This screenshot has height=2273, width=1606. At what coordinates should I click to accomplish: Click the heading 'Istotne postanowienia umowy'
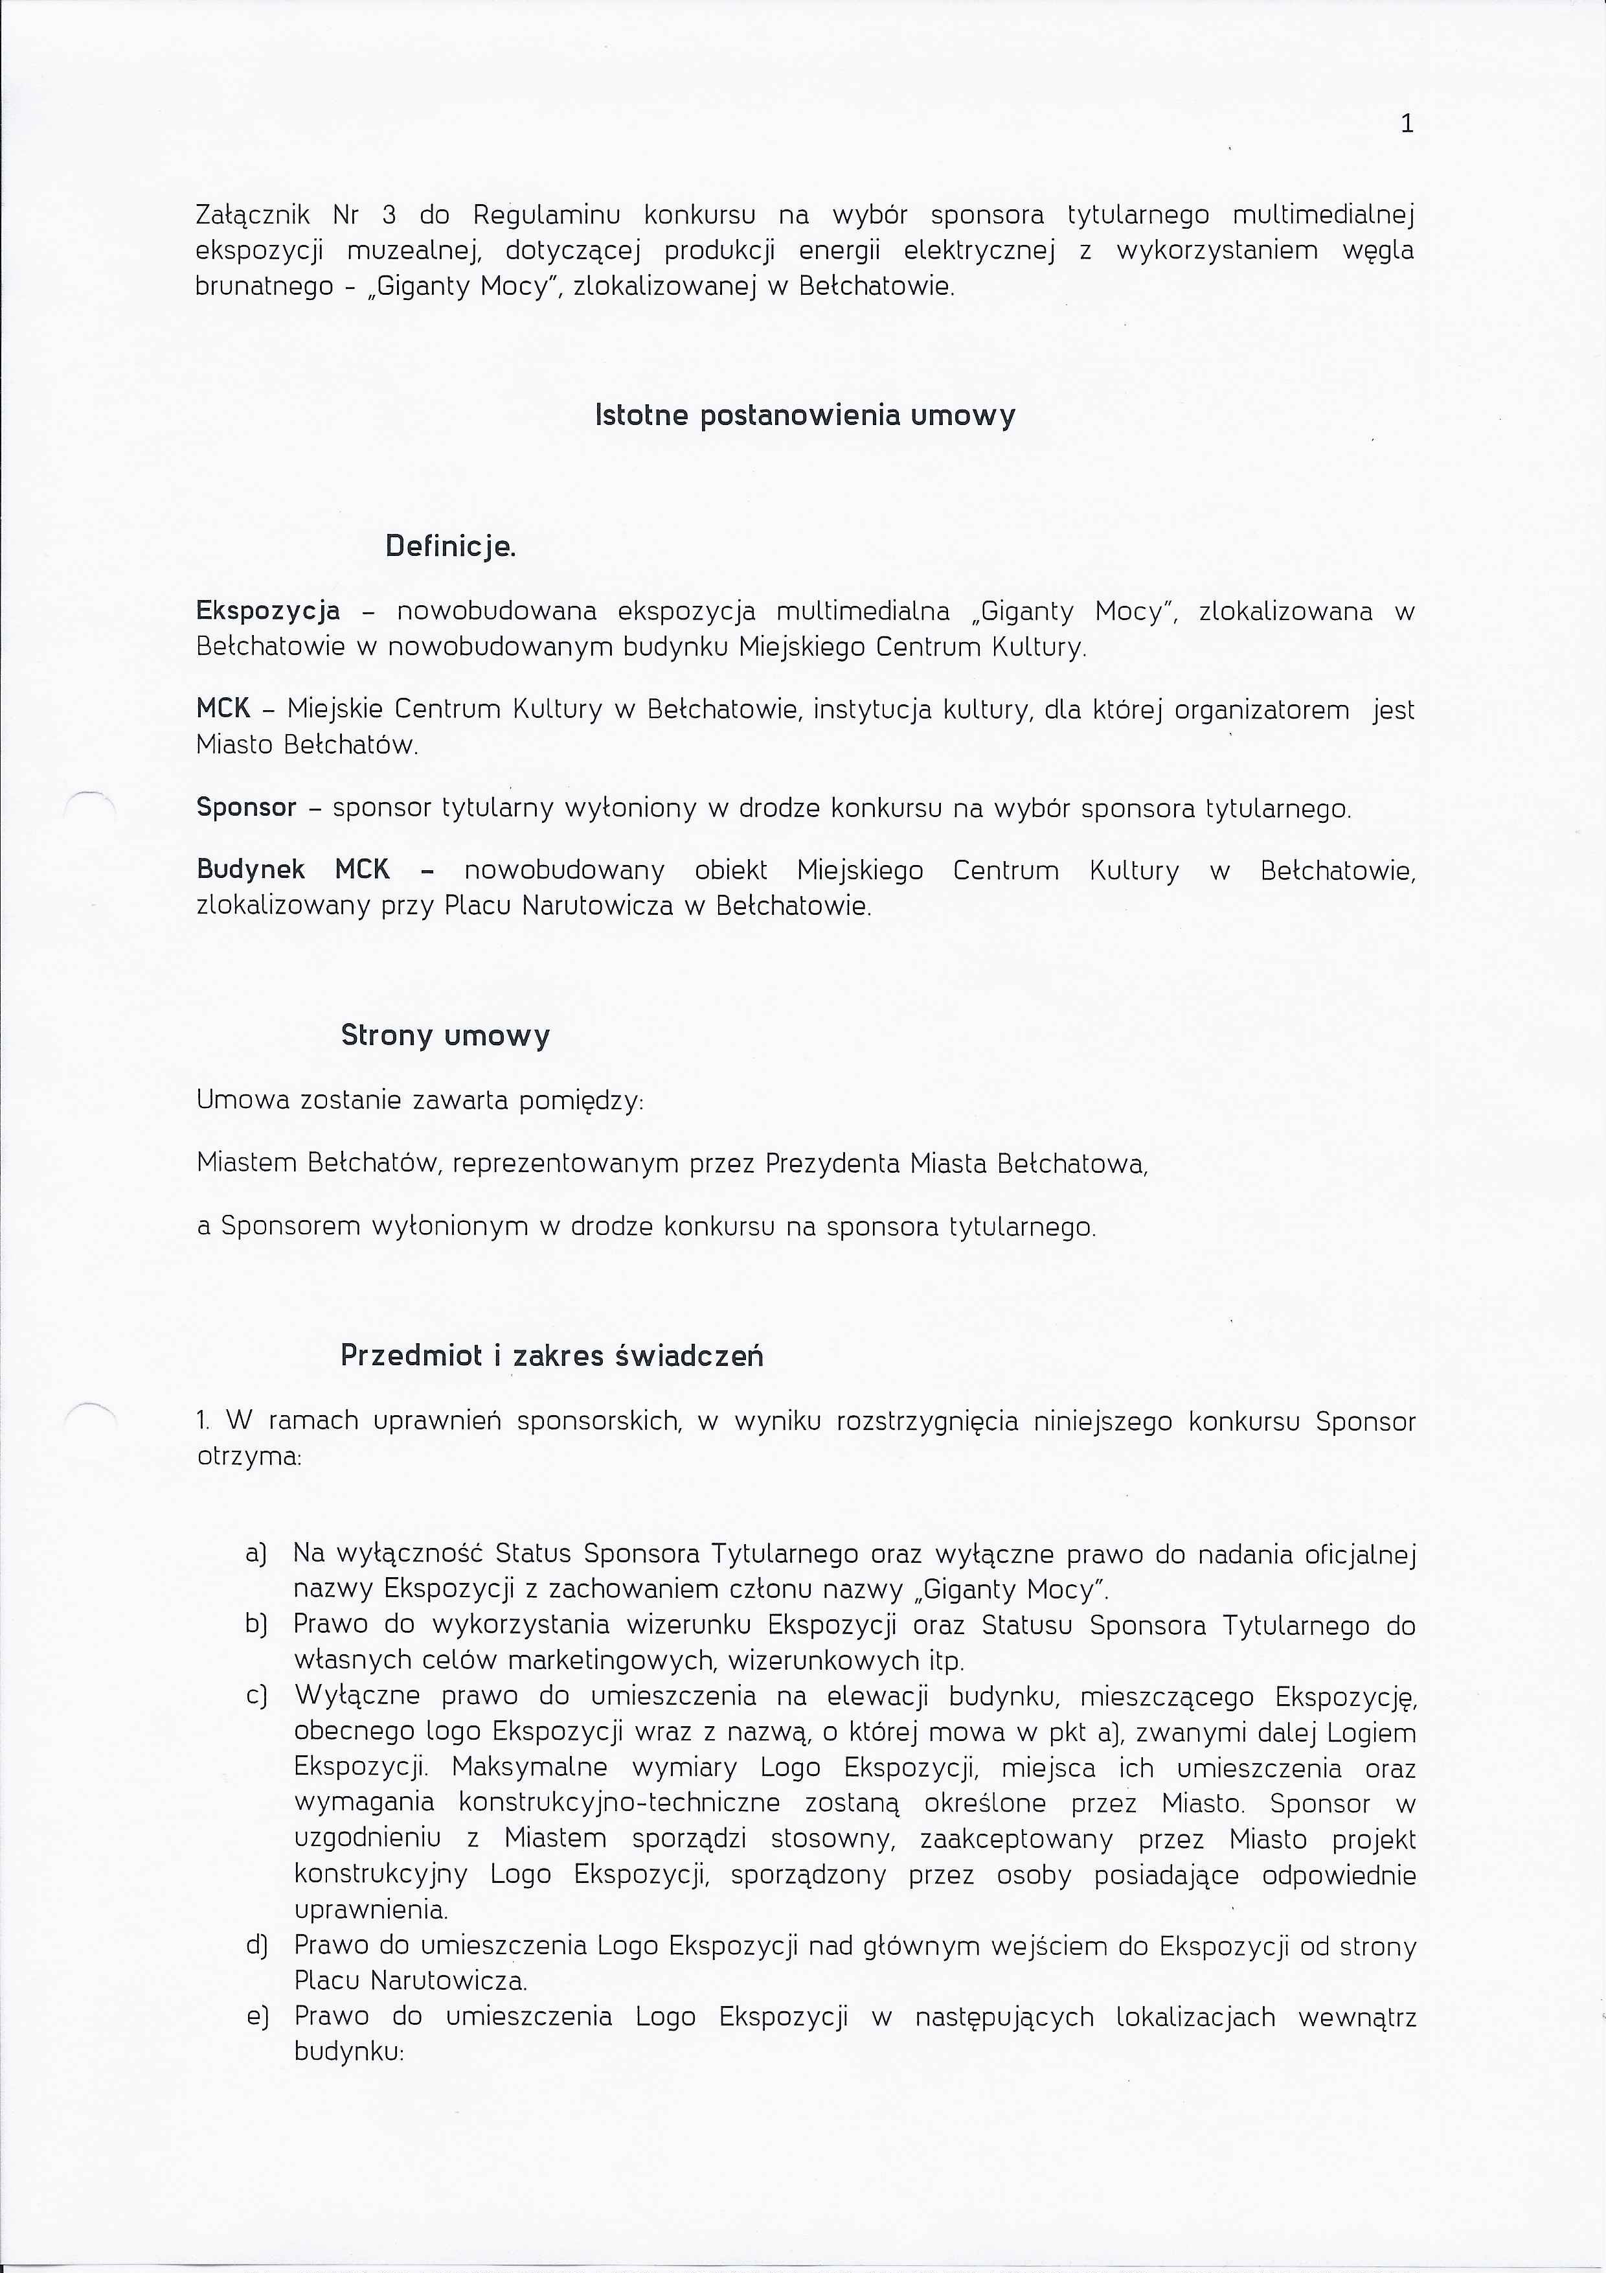pos(804,415)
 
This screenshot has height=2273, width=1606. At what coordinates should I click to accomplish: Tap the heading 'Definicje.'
pos(450,546)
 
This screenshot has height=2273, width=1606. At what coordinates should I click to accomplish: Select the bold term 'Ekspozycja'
pos(268,612)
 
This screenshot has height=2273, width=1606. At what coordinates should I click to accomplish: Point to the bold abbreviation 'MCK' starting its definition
pos(223,709)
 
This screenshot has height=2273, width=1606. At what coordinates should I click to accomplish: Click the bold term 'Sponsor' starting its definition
pos(246,808)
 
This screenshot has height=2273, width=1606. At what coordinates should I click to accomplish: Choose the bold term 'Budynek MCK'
pos(293,870)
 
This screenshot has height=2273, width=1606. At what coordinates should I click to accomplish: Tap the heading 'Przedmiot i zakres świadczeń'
pos(551,1356)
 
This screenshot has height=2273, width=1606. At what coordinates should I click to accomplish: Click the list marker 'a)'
pos(256,1554)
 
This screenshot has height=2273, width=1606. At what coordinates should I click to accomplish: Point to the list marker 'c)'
pos(256,1696)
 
